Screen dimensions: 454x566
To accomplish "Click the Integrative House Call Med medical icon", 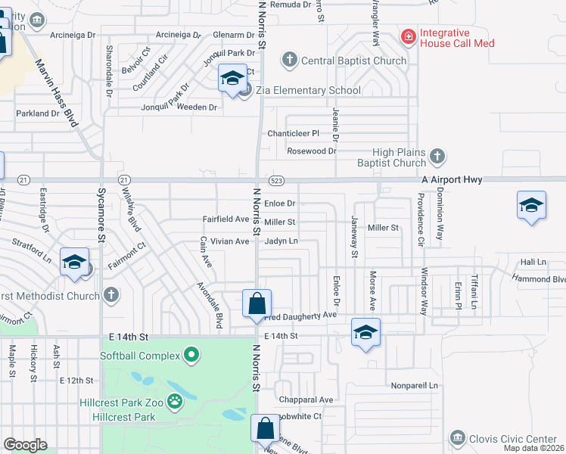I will (408, 36).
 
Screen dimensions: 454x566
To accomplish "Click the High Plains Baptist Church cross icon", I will (437, 157).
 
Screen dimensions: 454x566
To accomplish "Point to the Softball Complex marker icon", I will (192, 355).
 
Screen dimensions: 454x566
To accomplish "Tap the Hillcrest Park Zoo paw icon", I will (176, 400).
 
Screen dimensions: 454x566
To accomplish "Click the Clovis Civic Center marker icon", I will (456, 438).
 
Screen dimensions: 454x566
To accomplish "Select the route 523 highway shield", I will (276, 180).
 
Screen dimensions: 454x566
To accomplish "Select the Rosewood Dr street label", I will (311, 151).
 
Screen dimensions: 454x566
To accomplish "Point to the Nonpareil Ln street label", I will (415, 386).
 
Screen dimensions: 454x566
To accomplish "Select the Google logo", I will (25, 445).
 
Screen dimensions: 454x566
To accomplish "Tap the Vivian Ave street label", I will (229, 241).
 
